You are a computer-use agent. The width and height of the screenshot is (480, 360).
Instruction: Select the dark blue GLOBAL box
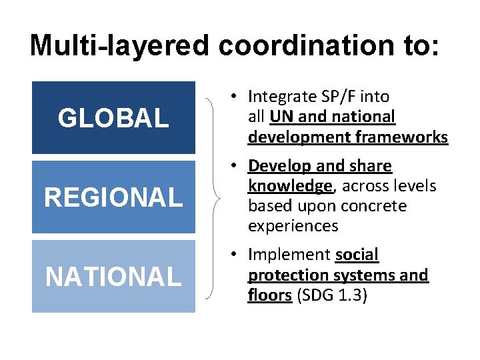point(113,118)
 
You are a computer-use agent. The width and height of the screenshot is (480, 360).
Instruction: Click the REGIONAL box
point(113,197)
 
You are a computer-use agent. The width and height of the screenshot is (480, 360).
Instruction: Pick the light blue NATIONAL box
point(113,276)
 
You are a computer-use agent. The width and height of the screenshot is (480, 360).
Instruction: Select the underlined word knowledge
point(290,185)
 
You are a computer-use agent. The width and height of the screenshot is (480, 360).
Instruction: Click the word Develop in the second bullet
point(276,165)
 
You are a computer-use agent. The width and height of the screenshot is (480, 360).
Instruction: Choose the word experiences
point(293,226)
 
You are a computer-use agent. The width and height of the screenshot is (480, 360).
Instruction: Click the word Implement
point(289,255)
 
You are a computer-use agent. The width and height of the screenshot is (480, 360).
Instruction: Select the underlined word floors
point(269,295)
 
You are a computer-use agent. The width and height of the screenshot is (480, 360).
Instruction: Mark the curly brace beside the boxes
point(213,197)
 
